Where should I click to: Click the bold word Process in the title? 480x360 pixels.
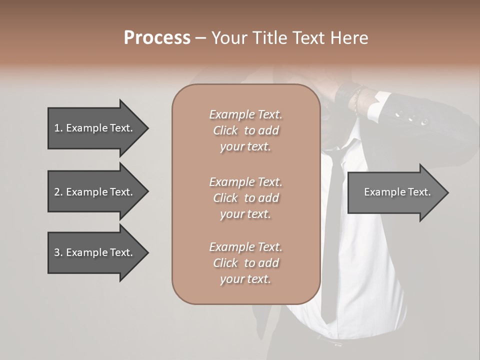click(x=157, y=38)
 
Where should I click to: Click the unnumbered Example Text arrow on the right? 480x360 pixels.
click(x=397, y=192)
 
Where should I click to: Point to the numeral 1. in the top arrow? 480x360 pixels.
click(x=58, y=128)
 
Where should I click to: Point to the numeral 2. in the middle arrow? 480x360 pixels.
click(x=58, y=192)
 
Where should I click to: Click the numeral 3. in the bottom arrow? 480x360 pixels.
click(x=58, y=252)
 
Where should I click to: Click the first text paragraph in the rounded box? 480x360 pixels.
click(x=245, y=130)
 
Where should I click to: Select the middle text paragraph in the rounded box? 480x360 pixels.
click(x=245, y=197)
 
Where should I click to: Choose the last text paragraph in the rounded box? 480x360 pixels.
click(x=245, y=263)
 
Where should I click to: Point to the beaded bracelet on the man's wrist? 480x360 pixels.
click(x=357, y=98)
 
